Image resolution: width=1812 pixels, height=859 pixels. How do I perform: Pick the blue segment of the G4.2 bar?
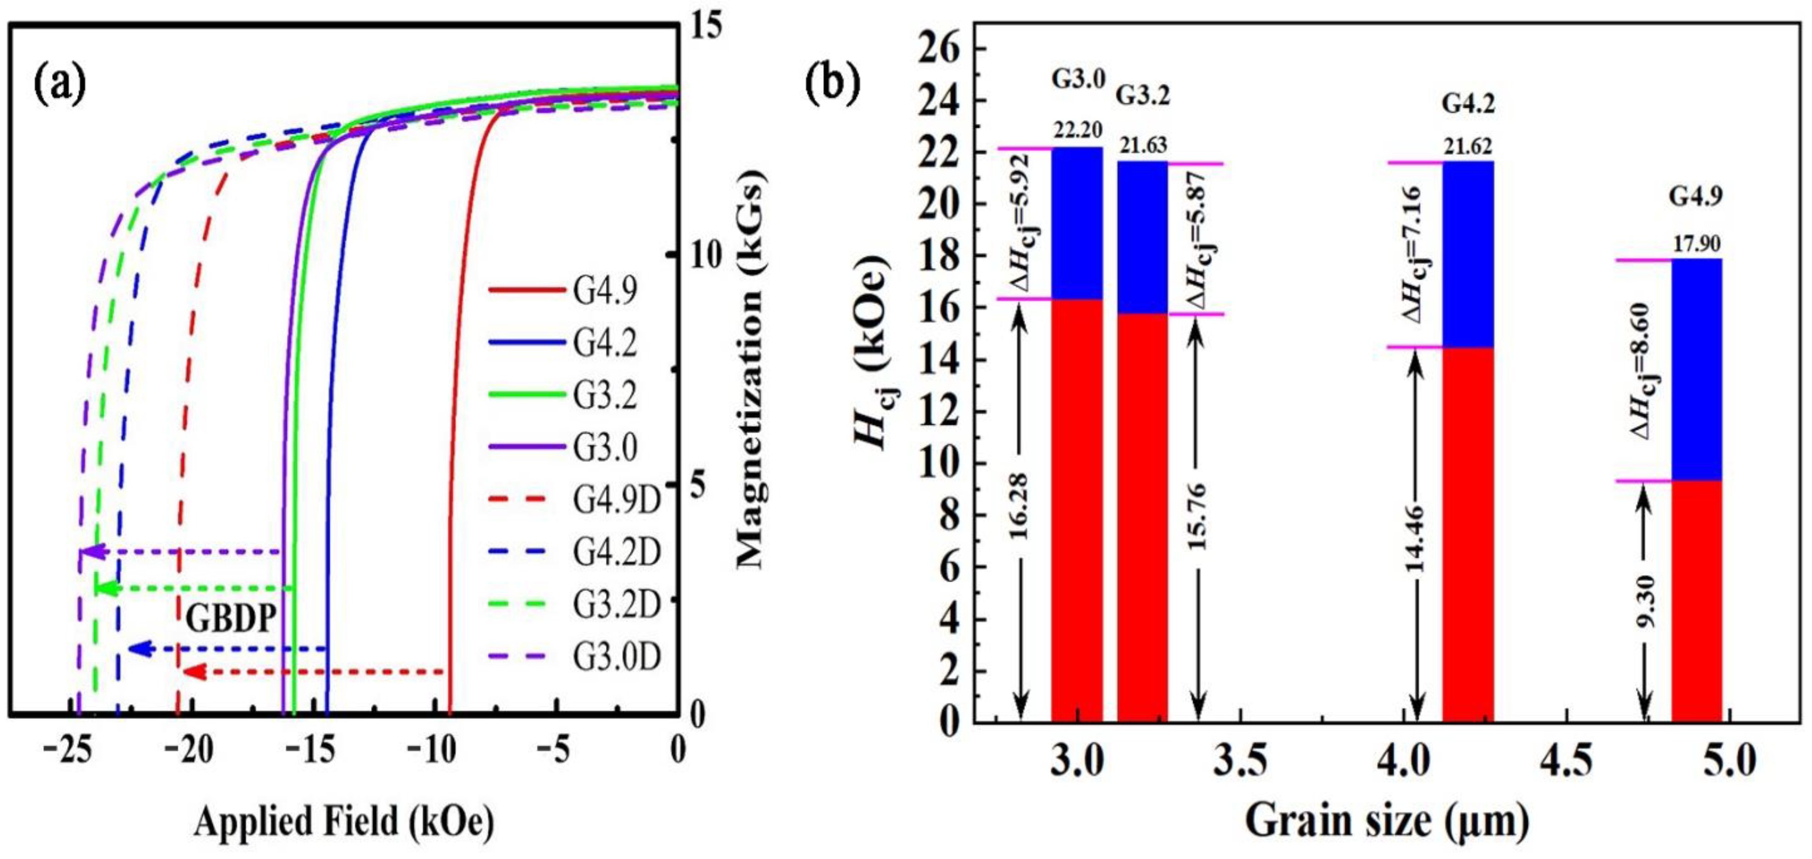[x=1468, y=255]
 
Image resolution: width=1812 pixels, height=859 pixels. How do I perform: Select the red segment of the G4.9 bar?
[x=1696, y=602]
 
